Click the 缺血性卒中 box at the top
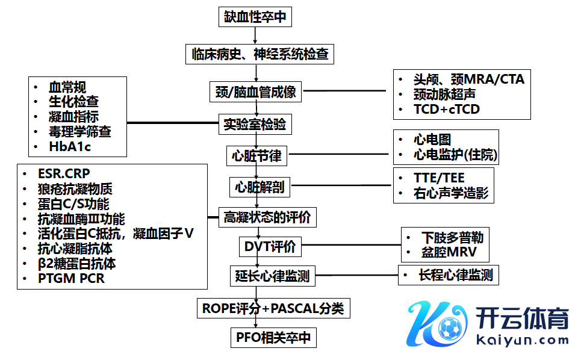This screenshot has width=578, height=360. pyautogui.click(x=255, y=17)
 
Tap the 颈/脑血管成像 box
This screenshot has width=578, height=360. pyautogui.click(x=255, y=93)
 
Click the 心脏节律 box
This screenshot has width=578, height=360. pyautogui.click(x=256, y=156)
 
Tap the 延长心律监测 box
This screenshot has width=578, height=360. pyautogui.click(x=272, y=276)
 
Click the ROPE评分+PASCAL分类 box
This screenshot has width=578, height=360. pyautogui.click(x=273, y=309)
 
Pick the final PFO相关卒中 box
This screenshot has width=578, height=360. pyautogui.click(x=273, y=338)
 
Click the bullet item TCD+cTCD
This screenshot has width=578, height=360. pyautogui.click(x=446, y=109)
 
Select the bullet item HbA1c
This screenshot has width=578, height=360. pyautogui.click(x=70, y=146)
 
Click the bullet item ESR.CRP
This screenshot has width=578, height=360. pyautogui.click(x=64, y=174)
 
